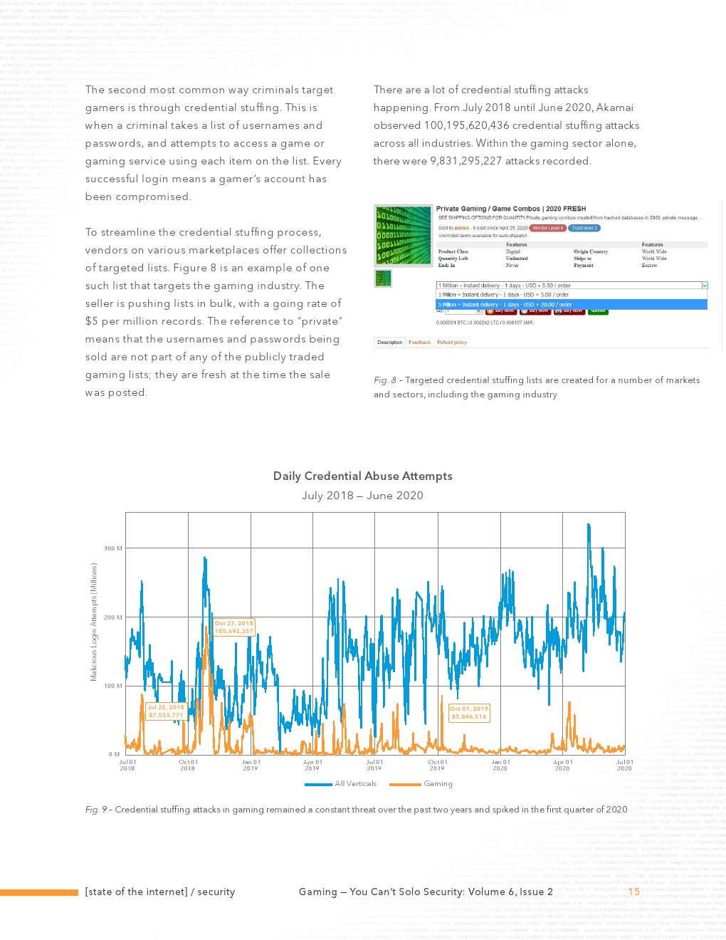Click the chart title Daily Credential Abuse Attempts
[362, 476]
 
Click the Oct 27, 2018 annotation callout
[234, 627]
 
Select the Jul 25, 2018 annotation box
[166, 711]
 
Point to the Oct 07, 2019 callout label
[469, 713]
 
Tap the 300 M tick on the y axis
[113, 548]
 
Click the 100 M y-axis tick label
[113, 686]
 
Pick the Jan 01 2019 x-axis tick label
[251, 765]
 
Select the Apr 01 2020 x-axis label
[562, 765]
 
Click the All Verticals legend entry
[342, 784]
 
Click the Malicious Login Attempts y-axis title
[93, 622]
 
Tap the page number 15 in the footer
[633, 892]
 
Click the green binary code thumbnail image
[404, 235]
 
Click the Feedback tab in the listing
[419, 343]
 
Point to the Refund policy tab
[452, 343]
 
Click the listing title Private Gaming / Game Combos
[511, 209]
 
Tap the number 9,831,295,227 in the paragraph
[465, 161]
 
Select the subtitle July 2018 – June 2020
[362, 496]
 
